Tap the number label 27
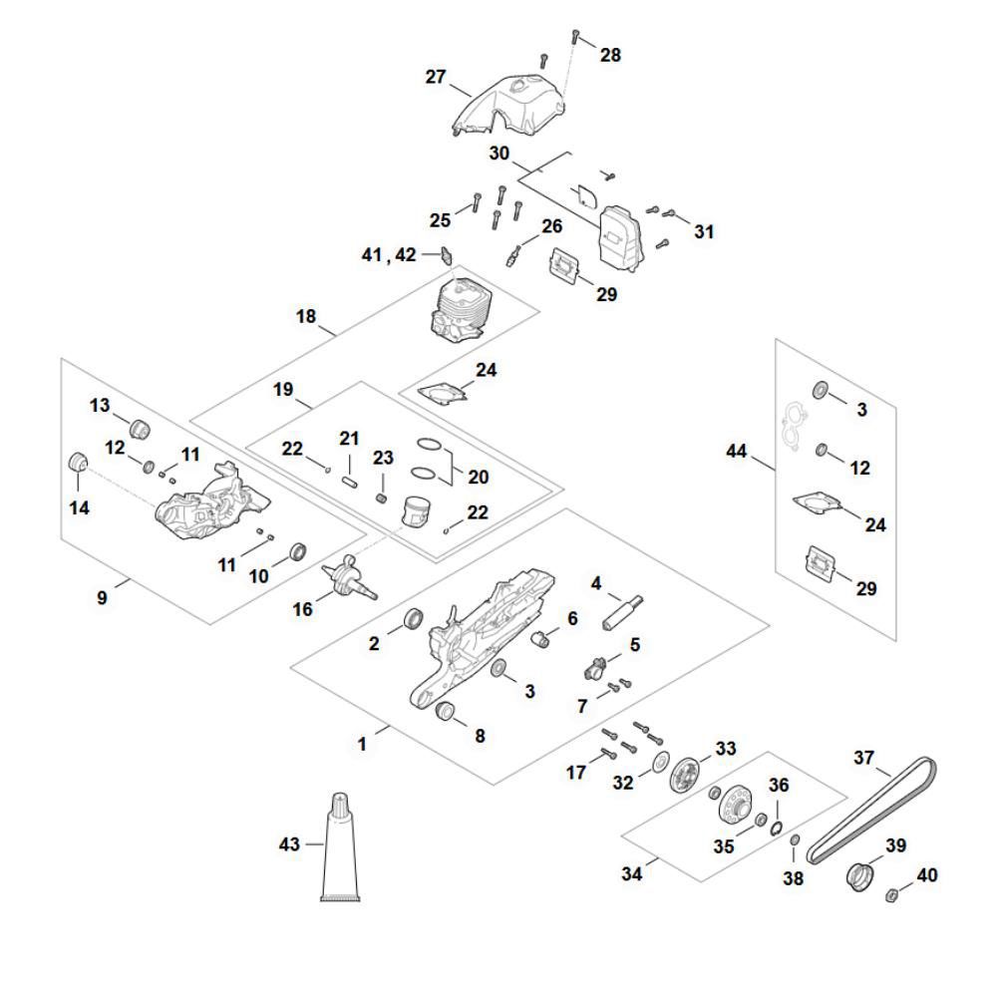[x=435, y=77]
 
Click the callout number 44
[x=736, y=453]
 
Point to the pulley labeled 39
[x=860, y=877]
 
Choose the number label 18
[x=306, y=317]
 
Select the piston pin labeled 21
[x=350, y=469]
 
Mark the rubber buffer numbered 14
[x=78, y=466]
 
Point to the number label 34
[x=632, y=874]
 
